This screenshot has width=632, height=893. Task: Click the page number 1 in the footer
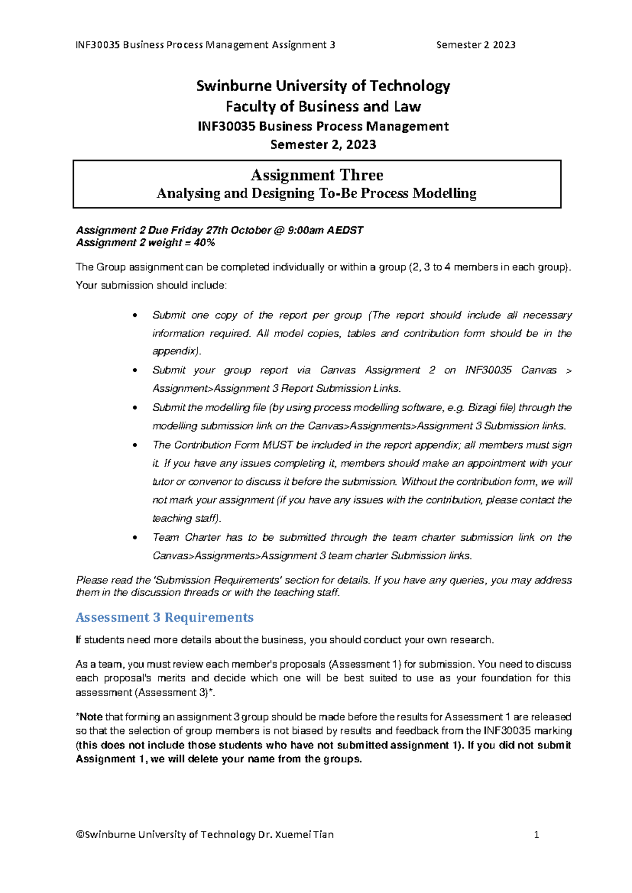(536, 835)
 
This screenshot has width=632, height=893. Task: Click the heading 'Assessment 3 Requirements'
(164, 617)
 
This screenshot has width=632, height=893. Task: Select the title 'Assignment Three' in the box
(317, 175)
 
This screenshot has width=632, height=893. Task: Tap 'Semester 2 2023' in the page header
(476, 45)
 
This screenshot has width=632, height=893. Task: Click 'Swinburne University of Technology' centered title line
(323, 86)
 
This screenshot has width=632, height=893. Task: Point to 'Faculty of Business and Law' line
(323, 106)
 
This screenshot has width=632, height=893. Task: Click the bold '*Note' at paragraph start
(90, 717)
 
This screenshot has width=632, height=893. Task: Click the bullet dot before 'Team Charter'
(136, 538)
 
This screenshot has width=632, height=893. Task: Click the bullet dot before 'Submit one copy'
(136, 316)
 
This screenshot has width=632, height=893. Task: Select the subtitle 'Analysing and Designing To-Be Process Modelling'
(317, 194)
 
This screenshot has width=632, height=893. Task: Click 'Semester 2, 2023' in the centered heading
(323, 145)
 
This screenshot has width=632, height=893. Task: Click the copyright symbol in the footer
(80, 835)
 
